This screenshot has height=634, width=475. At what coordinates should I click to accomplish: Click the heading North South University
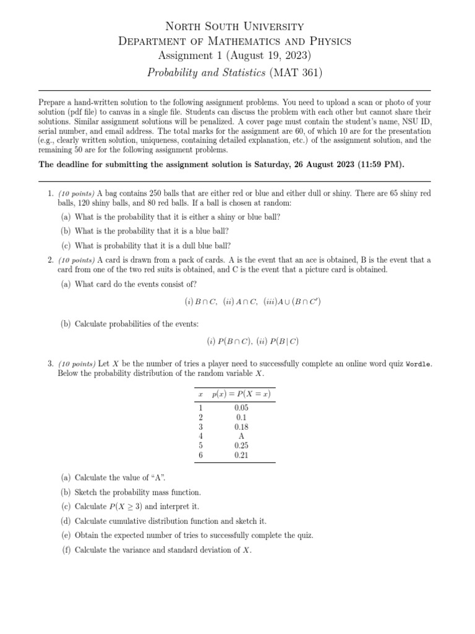[237, 26]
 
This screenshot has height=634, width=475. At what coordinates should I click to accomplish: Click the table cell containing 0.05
[241, 408]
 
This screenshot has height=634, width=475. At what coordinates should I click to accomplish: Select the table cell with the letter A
[241, 436]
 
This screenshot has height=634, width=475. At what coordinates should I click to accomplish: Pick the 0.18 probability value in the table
[241, 427]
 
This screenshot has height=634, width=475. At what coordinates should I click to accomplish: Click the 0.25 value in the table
[241, 445]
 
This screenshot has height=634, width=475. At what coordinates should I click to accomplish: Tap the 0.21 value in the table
[241, 454]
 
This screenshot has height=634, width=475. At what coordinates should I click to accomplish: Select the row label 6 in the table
[200, 454]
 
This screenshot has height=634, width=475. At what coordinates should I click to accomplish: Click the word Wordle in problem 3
[418, 364]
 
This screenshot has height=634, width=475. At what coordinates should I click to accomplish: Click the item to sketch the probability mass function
[137, 492]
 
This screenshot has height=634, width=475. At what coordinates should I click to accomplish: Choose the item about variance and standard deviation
[163, 550]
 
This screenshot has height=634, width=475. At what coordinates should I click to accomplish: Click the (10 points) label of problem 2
[77, 259]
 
